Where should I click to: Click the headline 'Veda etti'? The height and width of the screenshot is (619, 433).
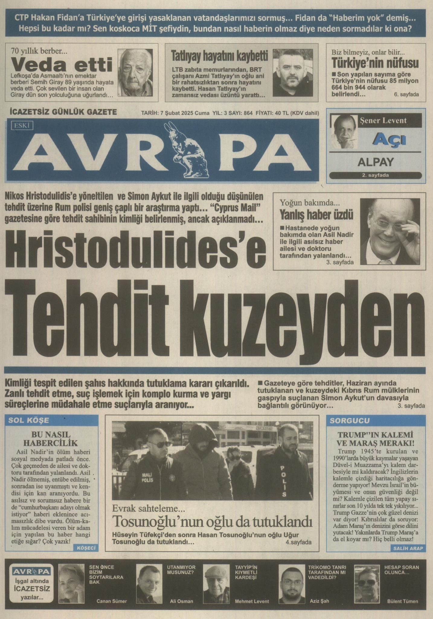point(62,65)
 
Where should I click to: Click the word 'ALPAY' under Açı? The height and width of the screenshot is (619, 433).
point(375,162)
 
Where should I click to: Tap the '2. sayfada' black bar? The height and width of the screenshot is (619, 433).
point(375,175)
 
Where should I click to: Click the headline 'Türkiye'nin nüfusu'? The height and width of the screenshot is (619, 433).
point(375,63)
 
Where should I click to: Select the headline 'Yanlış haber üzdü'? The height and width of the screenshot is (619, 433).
point(316,215)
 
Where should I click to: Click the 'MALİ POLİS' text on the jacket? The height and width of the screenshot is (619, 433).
point(147,478)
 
